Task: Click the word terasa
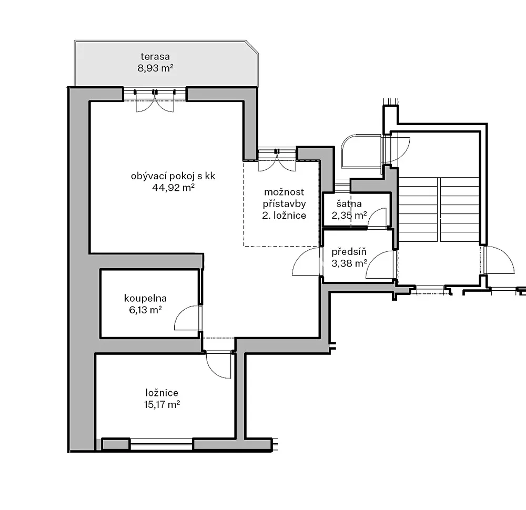click(155, 56)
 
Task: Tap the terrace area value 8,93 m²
click(155, 68)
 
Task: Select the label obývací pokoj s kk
click(173, 176)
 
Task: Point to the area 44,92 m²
click(173, 187)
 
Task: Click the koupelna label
click(145, 299)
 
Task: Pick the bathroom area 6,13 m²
click(145, 310)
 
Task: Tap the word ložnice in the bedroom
click(161, 393)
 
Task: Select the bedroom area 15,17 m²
click(161, 404)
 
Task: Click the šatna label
click(349, 203)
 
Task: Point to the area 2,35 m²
click(349, 215)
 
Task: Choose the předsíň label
click(349, 251)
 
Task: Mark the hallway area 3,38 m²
click(349, 263)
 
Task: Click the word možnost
click(284, 192)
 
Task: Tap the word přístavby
click(284, 203)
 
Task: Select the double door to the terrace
click(155, 100)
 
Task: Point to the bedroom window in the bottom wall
click(161, 444)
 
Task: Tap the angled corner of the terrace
click(252, 47)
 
